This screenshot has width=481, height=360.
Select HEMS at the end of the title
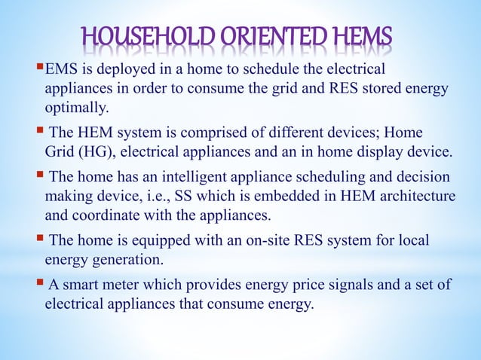(363, 38)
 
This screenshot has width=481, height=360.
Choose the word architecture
(415, 195)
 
